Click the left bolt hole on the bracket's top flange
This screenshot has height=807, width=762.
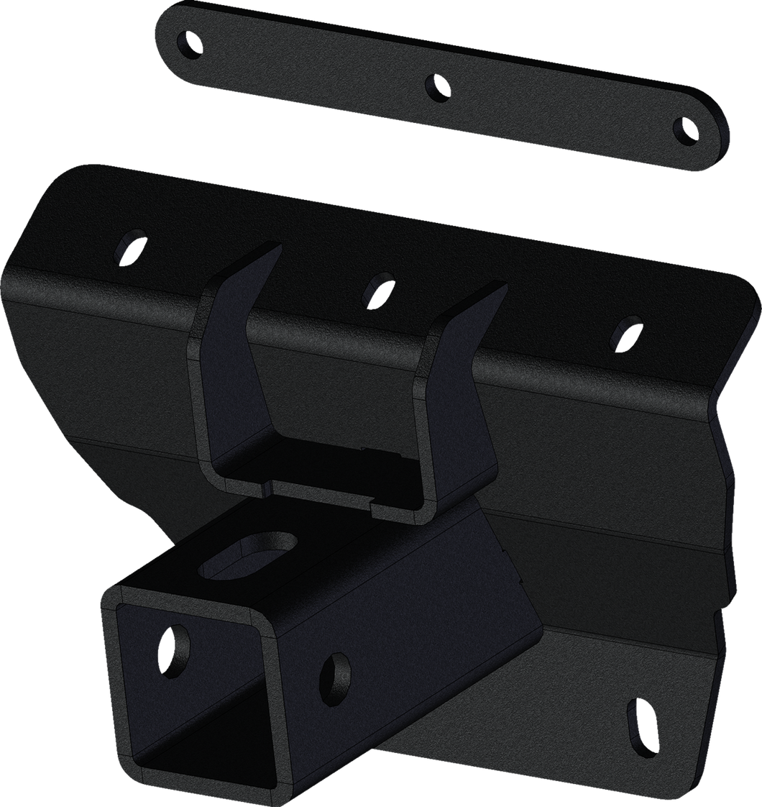coord(130,245)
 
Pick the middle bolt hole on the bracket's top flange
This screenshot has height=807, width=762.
coord(376,286)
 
